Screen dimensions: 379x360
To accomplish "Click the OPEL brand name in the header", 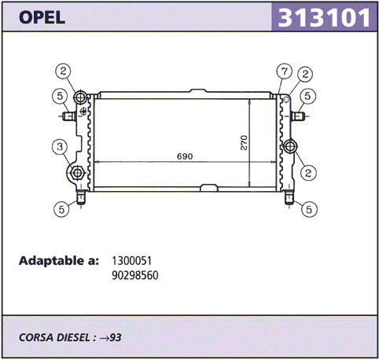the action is pos(42,17).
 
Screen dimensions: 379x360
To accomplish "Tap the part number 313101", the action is pos(324,17).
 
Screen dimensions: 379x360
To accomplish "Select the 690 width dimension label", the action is pos(185,156).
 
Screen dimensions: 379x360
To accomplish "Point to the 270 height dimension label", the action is pos(244,143).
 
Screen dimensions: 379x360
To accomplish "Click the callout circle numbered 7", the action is pos(285,71).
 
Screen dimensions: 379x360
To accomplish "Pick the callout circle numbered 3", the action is pos(60,147).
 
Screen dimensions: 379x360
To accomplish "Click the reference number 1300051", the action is pos(132,261).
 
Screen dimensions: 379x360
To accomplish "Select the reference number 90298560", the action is pos(135,275).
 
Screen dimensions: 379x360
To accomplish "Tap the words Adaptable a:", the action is pos(59,261).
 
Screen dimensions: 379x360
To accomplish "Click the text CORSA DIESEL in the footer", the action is pos(54,337).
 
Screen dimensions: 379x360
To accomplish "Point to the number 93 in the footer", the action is pos(116,337).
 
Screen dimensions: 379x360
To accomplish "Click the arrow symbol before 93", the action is pos(104,338).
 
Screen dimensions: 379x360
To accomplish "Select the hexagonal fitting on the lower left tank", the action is pos(77,173).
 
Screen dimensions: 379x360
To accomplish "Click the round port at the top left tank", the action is pos(80,97).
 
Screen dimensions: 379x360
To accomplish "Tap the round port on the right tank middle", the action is pos(290,146).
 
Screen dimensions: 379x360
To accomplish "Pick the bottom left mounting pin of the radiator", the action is pos(81,198).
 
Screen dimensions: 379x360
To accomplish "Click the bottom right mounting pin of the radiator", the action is pos(289,198).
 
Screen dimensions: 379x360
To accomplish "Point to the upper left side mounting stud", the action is pos(69,116).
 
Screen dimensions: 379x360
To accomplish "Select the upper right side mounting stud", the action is pos(298,116).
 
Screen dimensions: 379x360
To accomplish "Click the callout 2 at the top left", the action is pos(63,71).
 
